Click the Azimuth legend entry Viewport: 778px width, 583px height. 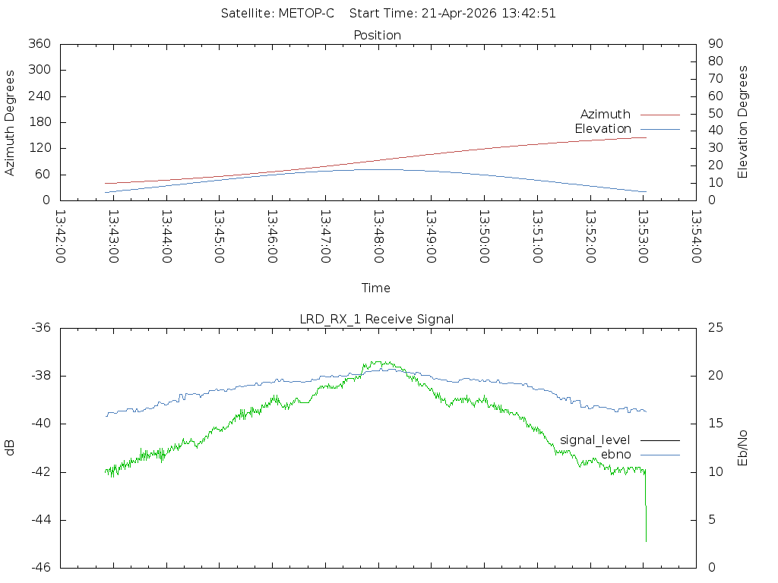[630, 115]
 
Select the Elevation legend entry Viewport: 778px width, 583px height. [627, 129]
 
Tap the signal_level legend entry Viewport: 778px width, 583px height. [620, 440]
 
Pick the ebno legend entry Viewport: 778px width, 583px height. [640, 455]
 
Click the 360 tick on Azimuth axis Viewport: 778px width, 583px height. [40, 43]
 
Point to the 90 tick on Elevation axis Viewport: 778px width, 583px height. [716, 43]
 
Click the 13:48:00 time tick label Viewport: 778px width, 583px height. [378, 237]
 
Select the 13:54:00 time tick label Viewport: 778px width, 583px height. [696, 237]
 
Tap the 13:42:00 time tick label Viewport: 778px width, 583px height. [60, 237]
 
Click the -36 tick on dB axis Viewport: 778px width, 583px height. [41, 328]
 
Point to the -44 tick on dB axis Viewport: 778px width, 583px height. [41, 520]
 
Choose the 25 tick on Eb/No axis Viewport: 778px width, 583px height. [716, 328]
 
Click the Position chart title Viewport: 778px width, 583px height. [377, 36]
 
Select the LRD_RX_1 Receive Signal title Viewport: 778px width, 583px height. [377, 320]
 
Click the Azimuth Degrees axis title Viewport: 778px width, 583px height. [9, 123]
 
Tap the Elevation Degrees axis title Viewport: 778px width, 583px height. [742, 122]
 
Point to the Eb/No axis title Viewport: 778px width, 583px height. [742, 448]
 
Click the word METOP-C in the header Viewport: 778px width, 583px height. [306, 14]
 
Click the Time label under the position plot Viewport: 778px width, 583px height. [375, 288]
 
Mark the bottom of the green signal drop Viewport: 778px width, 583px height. [646, 541]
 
